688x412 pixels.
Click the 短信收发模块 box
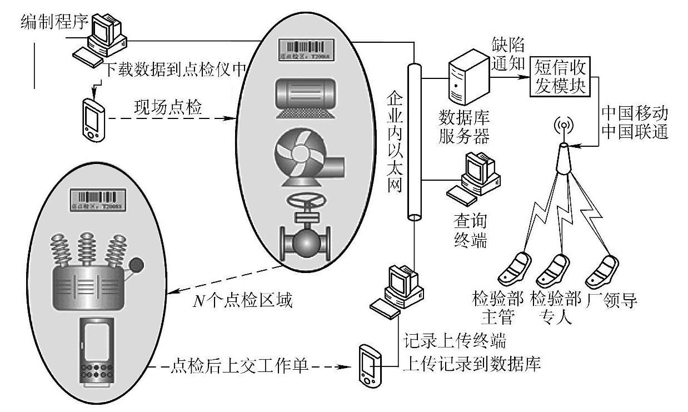560,77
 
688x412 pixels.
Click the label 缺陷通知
508,52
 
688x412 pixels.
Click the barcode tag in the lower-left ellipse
98,200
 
